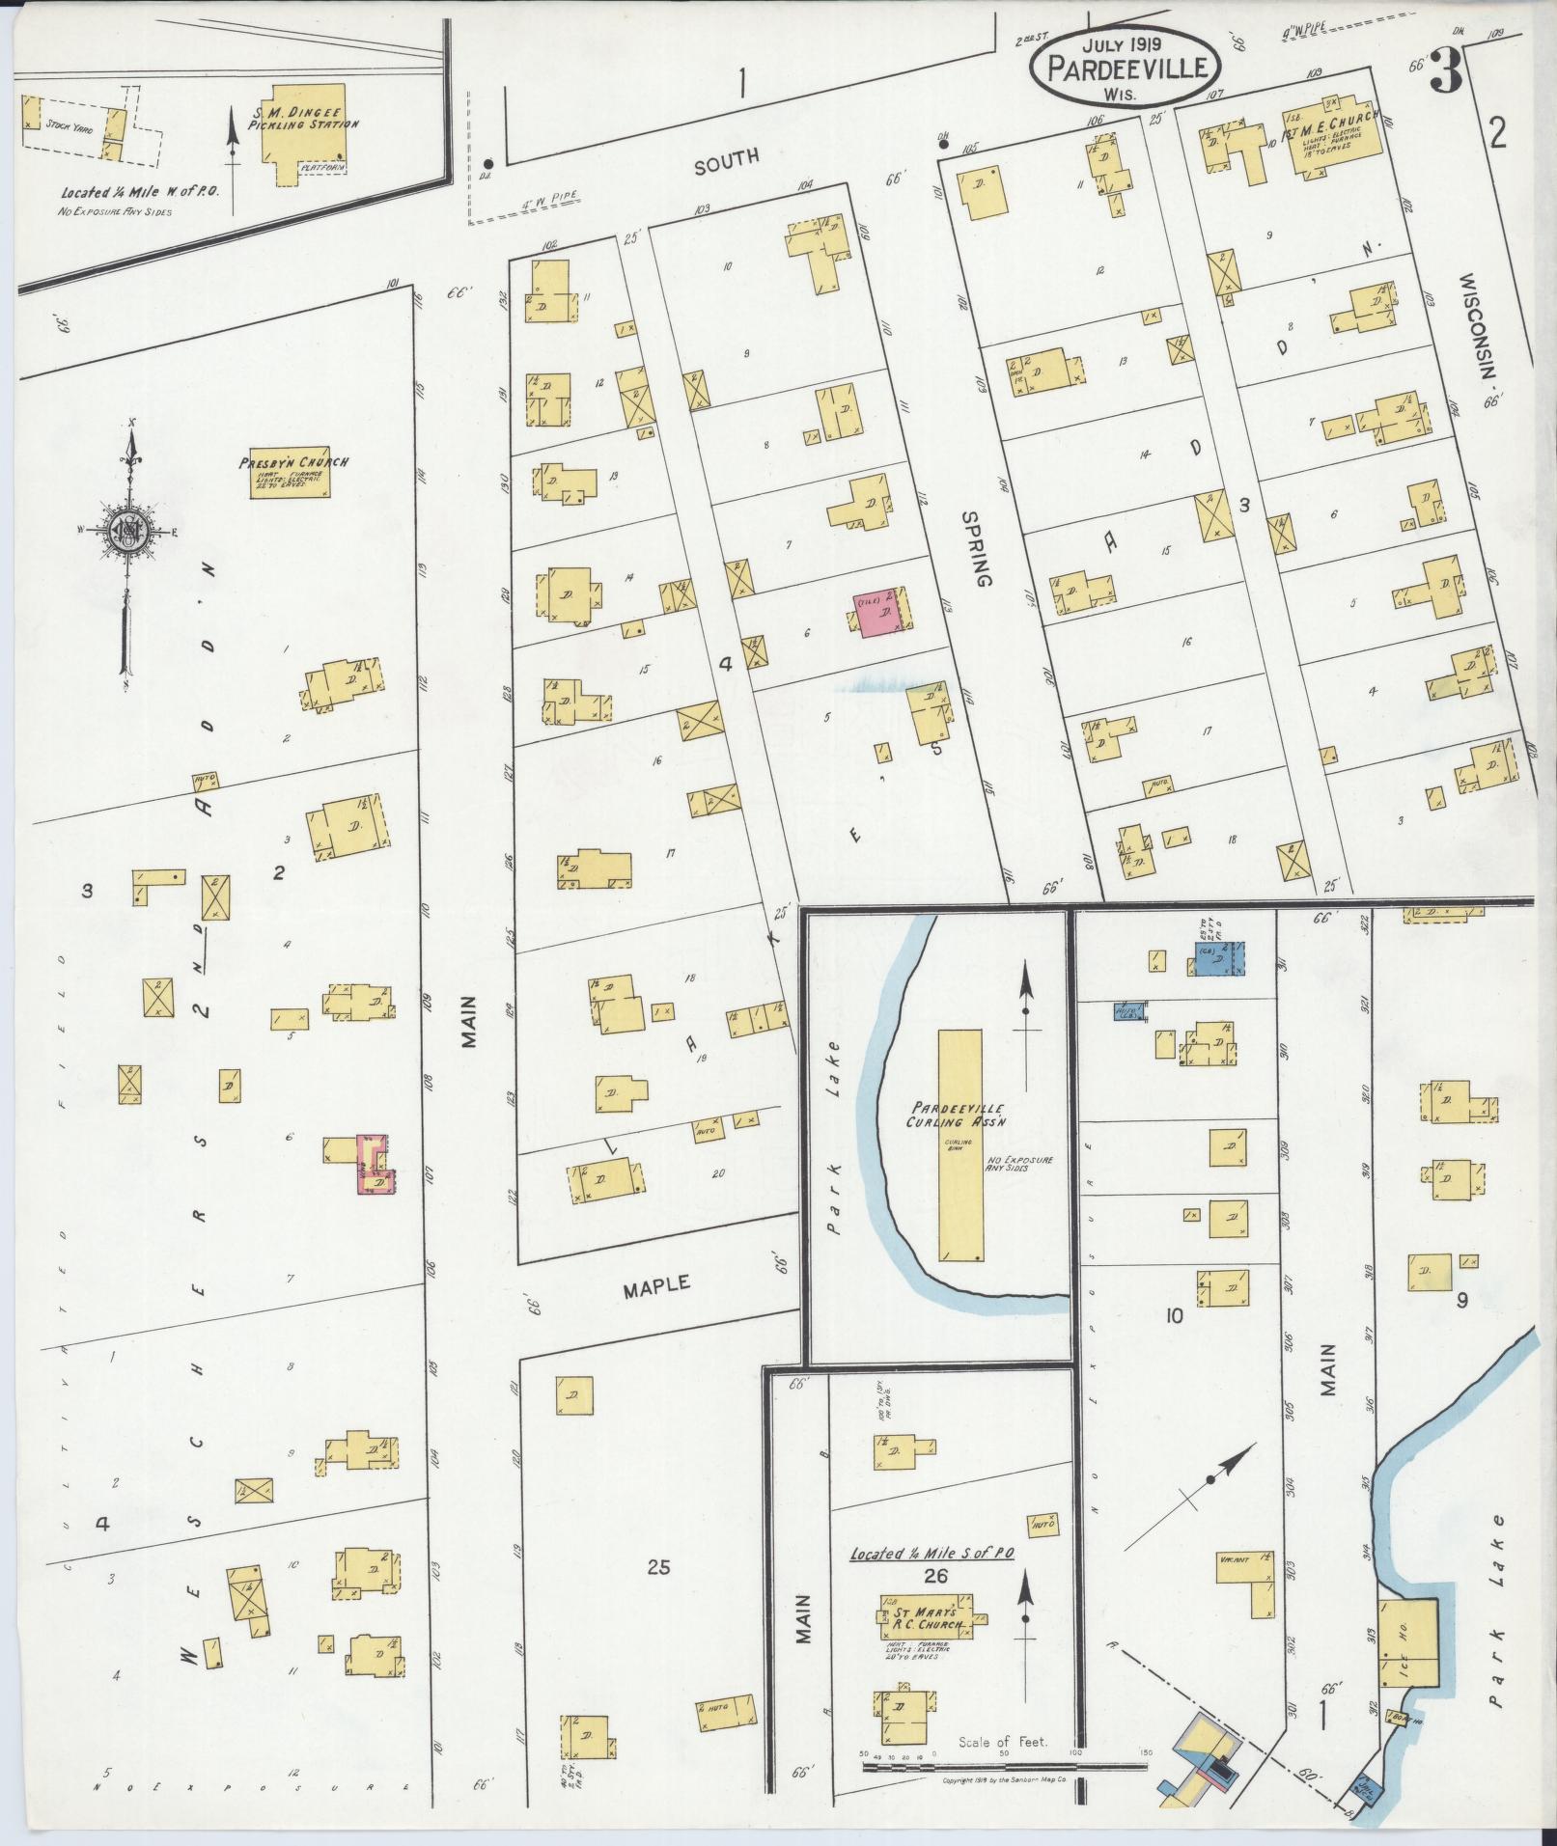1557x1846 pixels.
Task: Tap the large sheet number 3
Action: click(1445, 70)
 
